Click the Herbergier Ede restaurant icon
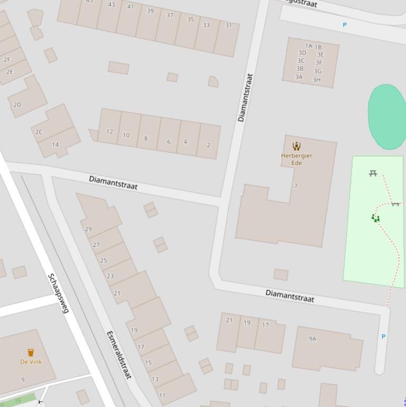pyautogui.click(x=297, y=146)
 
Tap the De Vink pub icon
pyautogui.click(x=31, y=353)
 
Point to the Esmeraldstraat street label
pyautogui.click(x=119, y=355)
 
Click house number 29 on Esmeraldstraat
pyautogui.click(x=88, y=229)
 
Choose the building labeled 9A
pyautogui.click(x=313, y=339)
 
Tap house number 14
pyautogui.click(x=55, y=144)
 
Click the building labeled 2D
pyautogui.click(x=17, y=105)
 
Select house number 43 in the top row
pyautogui.click(x=111, y=5)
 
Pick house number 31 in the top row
pyautogui.click(x=229, y=25)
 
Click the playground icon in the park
pyautogui.click(x=375, y=218)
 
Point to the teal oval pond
pyautogui.click(x=387, y=116)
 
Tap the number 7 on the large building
pyautogui.click(x=296, y=186)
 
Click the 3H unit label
pyautogui.click(x=316, y=80)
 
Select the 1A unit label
pyautogui.click(x=308, y=47)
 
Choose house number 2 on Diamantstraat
pyautogui.click(x=209, y=145)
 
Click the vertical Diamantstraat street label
pyautogui.click(x=245, y=98)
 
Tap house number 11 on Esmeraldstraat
pyautogui.click(x=162, y=395)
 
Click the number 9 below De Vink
pyautogui.click(x=23, y=380)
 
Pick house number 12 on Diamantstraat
pyautogui.click(x=109, y=132)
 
